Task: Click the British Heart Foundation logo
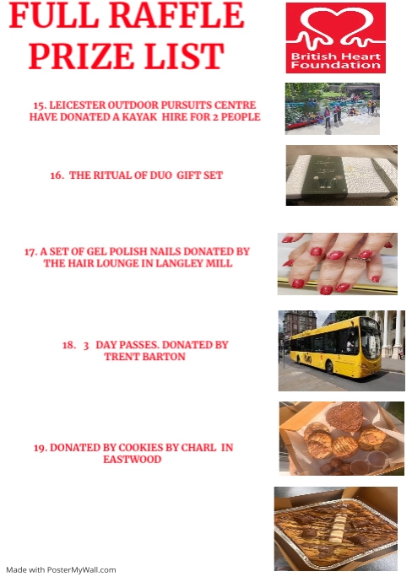pos(335,38)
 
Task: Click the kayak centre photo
pos(332,108)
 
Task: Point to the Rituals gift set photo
pos(341,175)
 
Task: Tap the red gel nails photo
pos(337,263)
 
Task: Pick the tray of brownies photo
pos(335,529)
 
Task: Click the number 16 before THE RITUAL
pos(57,175)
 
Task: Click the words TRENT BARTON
pos(144,357)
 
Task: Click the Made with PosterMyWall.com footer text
pos(61,569)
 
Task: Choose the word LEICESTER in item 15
pos(79,105)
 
